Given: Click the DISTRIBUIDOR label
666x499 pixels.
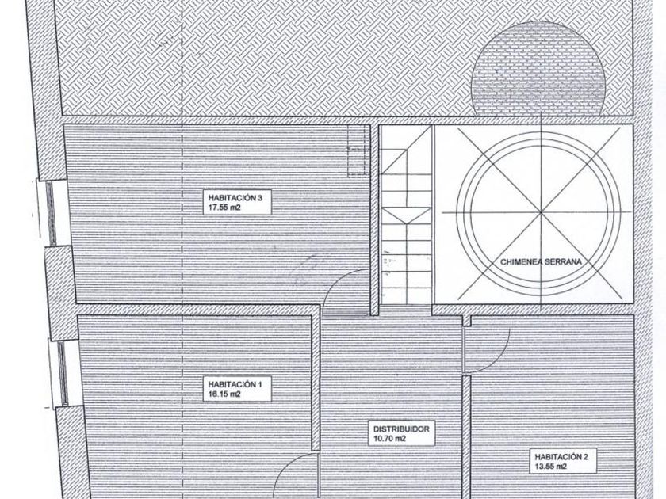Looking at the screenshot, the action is (401, 429).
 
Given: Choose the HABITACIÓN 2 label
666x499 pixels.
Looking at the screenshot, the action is (561, 457).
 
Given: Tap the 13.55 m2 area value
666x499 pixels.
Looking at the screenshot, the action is (550, 467).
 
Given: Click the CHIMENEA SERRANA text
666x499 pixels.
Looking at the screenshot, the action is (543, 260).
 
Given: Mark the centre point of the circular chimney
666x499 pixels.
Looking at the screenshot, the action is (543, 213).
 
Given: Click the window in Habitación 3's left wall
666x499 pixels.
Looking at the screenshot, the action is (51, 212).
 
